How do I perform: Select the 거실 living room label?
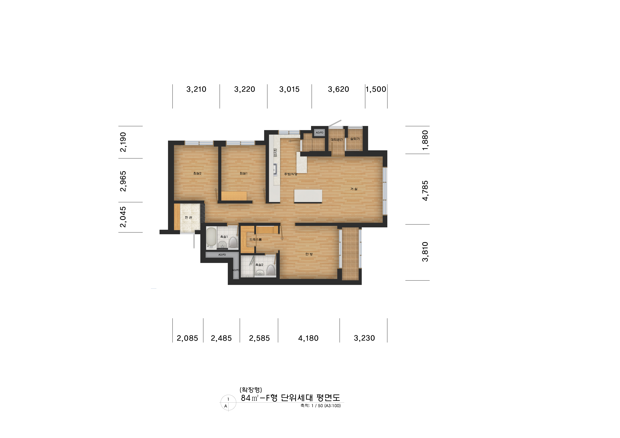(x=354, y=189)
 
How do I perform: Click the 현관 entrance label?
(x=188, y=217)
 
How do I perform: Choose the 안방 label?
(x=309, y=254)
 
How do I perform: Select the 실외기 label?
(x=355, y=139)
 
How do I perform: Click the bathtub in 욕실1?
(x=211, y=238)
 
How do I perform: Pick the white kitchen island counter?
(x=308, y=196)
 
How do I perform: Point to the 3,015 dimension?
(x=289, y=89)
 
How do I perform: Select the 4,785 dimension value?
(x=425, y=191)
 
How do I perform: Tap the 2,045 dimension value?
(x=123, y=217)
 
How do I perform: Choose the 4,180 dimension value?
(x=308, y=338)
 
